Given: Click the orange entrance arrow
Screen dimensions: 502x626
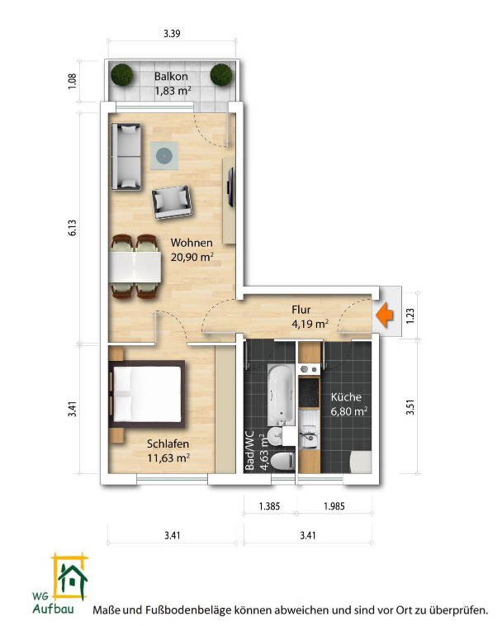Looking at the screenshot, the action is (384, 315).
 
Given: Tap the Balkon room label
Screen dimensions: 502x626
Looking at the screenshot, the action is (171, 76).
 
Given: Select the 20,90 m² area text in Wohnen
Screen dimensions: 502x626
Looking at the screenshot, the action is (192, 257).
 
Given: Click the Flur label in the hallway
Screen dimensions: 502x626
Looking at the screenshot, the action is (301, 310).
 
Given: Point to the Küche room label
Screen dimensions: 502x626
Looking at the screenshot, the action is (346, 397).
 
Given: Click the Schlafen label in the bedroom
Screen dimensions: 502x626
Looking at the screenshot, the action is (168, 443).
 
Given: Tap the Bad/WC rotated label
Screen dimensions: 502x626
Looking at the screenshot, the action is (249, 450).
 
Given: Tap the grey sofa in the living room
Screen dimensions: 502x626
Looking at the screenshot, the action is (126, 157).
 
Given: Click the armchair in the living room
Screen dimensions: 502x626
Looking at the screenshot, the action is (172, 202).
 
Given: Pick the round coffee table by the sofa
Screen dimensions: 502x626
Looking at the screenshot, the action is (164, 156).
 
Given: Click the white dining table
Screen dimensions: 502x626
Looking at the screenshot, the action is (135, 267).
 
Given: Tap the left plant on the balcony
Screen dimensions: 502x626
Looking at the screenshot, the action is (121, 74).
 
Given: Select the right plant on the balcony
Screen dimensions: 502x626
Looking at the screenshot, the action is (221, 74).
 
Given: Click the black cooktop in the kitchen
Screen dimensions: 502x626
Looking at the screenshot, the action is (310, 392).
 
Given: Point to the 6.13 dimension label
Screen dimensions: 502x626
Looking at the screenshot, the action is (72, 228).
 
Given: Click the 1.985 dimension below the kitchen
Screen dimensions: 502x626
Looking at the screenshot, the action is (334, 506).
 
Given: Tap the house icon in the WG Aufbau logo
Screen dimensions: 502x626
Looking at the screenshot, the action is (72, 578).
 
